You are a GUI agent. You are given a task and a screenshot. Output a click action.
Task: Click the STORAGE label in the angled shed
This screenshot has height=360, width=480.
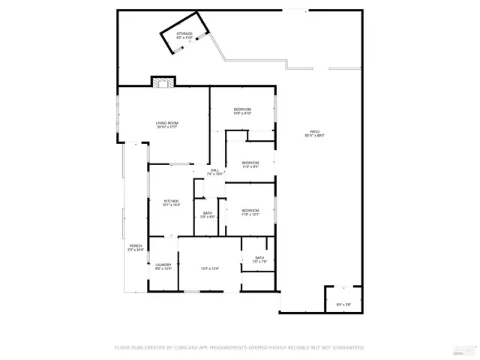tap(184, 34)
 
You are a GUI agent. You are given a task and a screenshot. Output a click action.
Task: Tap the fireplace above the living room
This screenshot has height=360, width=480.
tap(163, 81)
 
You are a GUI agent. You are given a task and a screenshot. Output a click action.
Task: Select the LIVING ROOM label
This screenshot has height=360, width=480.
tap(166, 123)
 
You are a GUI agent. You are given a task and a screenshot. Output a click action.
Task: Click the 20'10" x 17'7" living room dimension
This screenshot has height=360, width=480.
tap(166, 127)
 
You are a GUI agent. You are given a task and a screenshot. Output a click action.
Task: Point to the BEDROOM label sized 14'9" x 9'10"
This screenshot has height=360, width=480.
tap(241, 109)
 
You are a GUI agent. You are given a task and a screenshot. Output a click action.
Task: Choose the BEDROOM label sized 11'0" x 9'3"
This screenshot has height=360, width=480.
tap(250, 163)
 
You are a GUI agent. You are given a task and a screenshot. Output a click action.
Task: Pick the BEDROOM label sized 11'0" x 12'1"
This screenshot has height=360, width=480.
tap(250, 210)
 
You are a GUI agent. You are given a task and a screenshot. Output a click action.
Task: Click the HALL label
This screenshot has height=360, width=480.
tap(215, 170)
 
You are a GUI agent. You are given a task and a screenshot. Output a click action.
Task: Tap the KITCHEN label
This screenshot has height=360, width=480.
tap(172, 200)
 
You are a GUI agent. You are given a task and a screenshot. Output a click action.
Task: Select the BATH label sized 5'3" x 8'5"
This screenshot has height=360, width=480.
tap(208, 213)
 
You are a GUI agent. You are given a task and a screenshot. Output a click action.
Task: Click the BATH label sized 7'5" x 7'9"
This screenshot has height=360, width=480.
tap(259, 258)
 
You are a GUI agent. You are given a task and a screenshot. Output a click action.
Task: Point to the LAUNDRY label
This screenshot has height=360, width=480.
tap(163, 264)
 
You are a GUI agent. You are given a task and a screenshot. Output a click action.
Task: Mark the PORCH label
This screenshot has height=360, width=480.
tap(135, 246)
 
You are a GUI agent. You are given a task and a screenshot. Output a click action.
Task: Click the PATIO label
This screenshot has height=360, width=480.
tap(315, 132)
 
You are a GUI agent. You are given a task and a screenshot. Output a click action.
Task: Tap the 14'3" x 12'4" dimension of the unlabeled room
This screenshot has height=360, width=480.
tap(209, 268)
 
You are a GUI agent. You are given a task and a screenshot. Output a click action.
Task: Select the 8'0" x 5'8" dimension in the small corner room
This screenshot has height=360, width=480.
tap(343, 304)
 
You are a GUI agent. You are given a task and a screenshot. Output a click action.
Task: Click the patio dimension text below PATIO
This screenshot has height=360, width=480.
tap(315, 136)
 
